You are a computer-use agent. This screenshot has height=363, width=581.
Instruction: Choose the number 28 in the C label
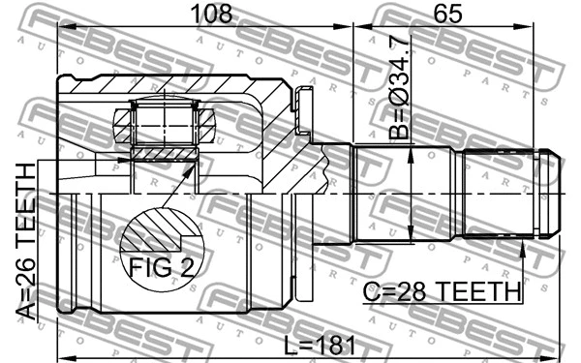(x=419, y=290)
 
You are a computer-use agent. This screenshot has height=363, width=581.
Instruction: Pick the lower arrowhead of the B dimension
(x=413, y=236)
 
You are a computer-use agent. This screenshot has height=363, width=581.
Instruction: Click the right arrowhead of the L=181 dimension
(x=558, y=354)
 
